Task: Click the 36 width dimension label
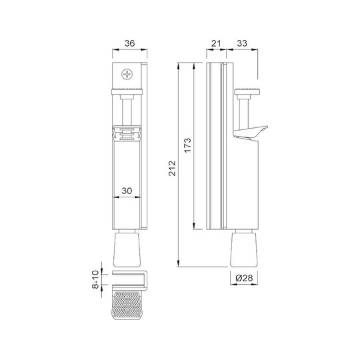coord(130,43)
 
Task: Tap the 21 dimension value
coord(216,43)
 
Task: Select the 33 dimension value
coord(242,43)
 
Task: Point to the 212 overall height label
coord(172,168)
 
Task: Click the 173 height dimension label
coord(187,145)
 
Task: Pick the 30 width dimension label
coord(127,191)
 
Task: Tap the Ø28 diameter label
coord(244,278)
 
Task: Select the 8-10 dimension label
coord(95,279)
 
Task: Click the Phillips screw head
coord(127,75)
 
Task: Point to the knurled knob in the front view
coord(127,91)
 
